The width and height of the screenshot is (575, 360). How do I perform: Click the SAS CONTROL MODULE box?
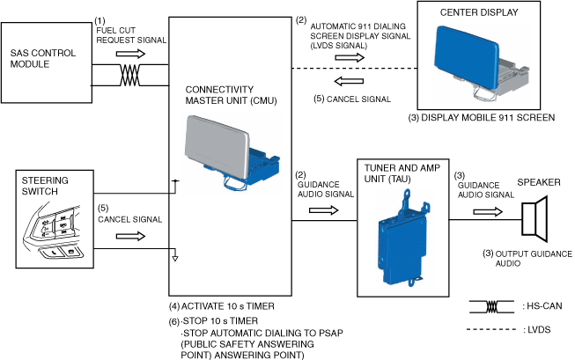[x=45, y=58]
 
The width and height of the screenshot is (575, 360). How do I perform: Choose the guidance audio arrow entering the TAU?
[x=323, y=209]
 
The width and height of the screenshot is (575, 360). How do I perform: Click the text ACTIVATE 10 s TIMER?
[x=225, y=306]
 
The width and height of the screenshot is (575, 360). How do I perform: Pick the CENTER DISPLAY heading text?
[x=478, y=13]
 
